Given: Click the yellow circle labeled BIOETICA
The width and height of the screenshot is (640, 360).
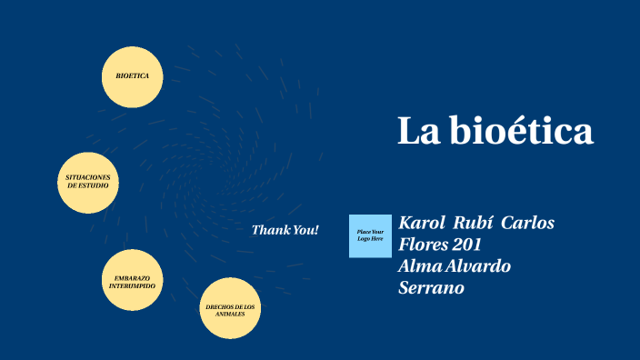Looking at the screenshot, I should [132, 76].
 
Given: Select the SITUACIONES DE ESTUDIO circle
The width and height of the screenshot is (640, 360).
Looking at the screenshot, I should [88, 182].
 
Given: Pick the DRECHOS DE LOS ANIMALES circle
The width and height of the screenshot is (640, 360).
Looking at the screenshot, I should [230, 309].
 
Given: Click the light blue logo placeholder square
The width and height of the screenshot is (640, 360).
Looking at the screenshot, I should [370, 236].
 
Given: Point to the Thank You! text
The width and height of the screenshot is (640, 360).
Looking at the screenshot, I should [285, 230].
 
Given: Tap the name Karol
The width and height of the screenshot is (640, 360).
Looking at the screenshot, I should [422, 223].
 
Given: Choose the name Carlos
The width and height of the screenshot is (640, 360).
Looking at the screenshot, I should [528, 223].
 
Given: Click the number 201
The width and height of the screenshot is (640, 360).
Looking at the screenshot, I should [467, 245].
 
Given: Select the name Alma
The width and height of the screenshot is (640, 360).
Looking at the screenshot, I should [418, 266].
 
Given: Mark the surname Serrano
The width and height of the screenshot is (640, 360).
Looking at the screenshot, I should [432, 288].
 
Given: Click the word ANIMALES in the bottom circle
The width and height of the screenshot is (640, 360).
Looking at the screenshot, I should [230, 315].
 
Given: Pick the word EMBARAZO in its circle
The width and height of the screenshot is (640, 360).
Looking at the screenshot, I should [132, 276].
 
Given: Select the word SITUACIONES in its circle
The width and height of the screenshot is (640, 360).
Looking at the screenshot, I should [88, 176].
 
